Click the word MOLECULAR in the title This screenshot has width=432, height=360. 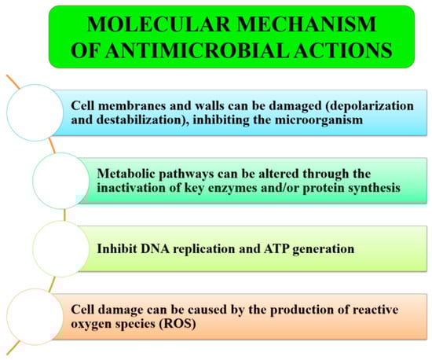pos(158,24)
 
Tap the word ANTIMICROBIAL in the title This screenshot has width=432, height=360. pos(196,50)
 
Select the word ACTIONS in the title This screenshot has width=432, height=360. pos(342,50)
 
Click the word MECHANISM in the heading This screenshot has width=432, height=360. pos(306,24)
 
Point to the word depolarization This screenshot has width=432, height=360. pos(369,106)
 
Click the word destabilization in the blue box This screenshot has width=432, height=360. pos(142,120)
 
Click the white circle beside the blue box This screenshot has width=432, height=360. pos(35,112)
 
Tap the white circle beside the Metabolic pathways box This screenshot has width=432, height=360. pos(60,181)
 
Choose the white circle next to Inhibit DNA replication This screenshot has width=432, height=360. pos(60,248)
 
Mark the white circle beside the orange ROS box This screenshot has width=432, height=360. pos(35,317)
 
